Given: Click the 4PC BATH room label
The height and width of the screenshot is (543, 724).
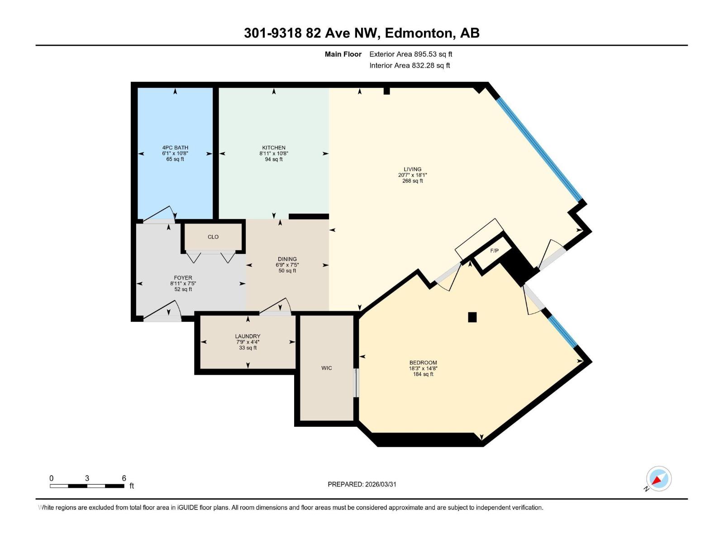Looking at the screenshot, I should click(x=175, y=148).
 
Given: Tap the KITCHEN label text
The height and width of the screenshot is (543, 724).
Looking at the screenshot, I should click(x=274, y=148).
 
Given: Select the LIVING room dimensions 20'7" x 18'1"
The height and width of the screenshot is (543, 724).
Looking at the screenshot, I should click(x=412, y=175).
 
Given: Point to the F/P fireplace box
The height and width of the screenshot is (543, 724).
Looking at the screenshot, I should click(x=494, y=251).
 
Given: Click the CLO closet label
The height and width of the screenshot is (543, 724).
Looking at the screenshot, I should click(x=213, y=237).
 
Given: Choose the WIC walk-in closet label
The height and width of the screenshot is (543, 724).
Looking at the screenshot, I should click(x=326, y=368).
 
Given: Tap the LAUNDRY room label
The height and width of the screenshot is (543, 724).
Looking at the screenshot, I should click(x=248, y=336).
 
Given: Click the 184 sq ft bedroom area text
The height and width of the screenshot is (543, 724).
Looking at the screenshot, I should click(x=423, y=374).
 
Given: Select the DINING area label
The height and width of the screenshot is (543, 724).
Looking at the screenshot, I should click(x=287, y=259).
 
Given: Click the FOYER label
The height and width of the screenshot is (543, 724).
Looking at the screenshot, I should click(x=183, y=278).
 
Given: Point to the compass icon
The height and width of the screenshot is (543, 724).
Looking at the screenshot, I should click(x=658, y=479).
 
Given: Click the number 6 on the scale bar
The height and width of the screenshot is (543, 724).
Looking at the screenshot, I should click(x=124, y=478).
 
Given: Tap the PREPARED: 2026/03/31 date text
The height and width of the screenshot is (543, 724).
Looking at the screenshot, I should click(x=362, y=484).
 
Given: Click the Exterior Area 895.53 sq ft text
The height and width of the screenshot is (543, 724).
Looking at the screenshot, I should click(x=410, y=54).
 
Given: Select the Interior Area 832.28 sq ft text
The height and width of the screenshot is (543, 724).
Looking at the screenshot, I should click(x=410, y=65).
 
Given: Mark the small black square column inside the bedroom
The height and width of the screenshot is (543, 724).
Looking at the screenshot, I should click(x=472, y=317).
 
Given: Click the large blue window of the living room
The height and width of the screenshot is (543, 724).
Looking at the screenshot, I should click(x=538, y=149).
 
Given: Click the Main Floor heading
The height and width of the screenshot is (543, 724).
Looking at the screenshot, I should click(x=343, y=54).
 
